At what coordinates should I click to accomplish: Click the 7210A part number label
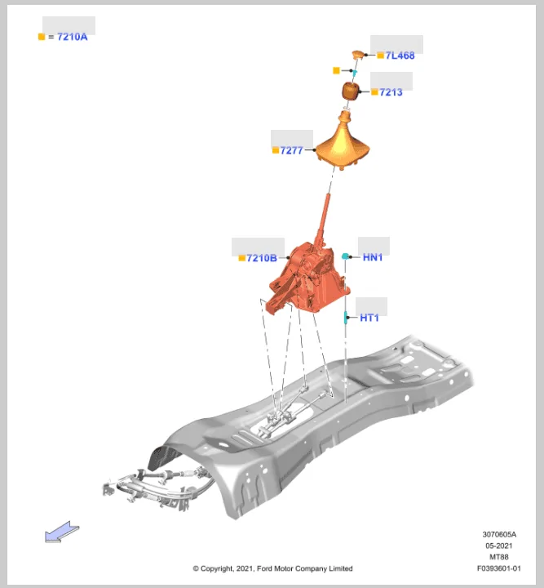coord(73,37)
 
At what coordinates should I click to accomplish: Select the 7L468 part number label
coord(400,56)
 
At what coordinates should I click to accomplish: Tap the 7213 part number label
coord(391,92)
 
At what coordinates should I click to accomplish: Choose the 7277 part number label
coord(291,150)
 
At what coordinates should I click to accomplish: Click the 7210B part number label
coord(262,258)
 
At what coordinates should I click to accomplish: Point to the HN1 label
coord(373,257)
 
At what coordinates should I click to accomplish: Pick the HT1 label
coord(369,318)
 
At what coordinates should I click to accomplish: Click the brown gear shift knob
coord(351,91)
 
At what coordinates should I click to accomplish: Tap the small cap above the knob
coord(358,55)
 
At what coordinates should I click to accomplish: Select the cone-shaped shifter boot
coord(343,142)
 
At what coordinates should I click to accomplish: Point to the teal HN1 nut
coord(345,256)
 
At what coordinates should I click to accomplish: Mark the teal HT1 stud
coord(346,317)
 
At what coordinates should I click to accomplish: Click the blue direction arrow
coord(62,532)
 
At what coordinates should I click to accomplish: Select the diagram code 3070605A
coord(499,534)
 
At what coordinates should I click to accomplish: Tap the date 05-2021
coord(499,546)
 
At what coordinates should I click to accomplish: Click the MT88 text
coord(499,557)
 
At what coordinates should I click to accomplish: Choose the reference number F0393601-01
coord(498,568)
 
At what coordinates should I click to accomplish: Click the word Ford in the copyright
coord(265,568)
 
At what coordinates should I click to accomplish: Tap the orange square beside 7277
coord(276,150)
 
